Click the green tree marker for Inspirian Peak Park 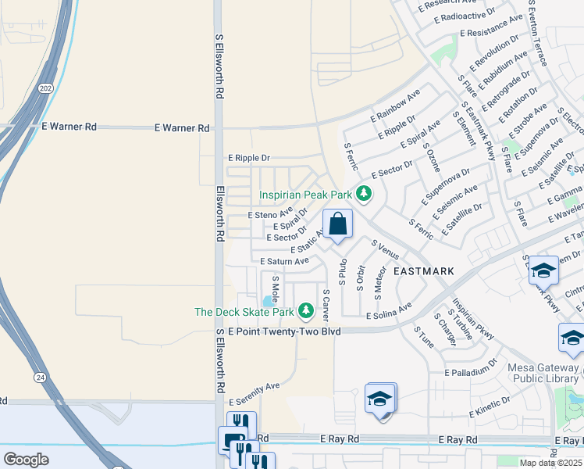363,193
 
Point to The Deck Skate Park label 244,312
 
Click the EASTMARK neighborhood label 423,271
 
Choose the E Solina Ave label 389,312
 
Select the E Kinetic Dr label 489,405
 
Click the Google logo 26,459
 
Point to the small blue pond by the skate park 269,301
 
